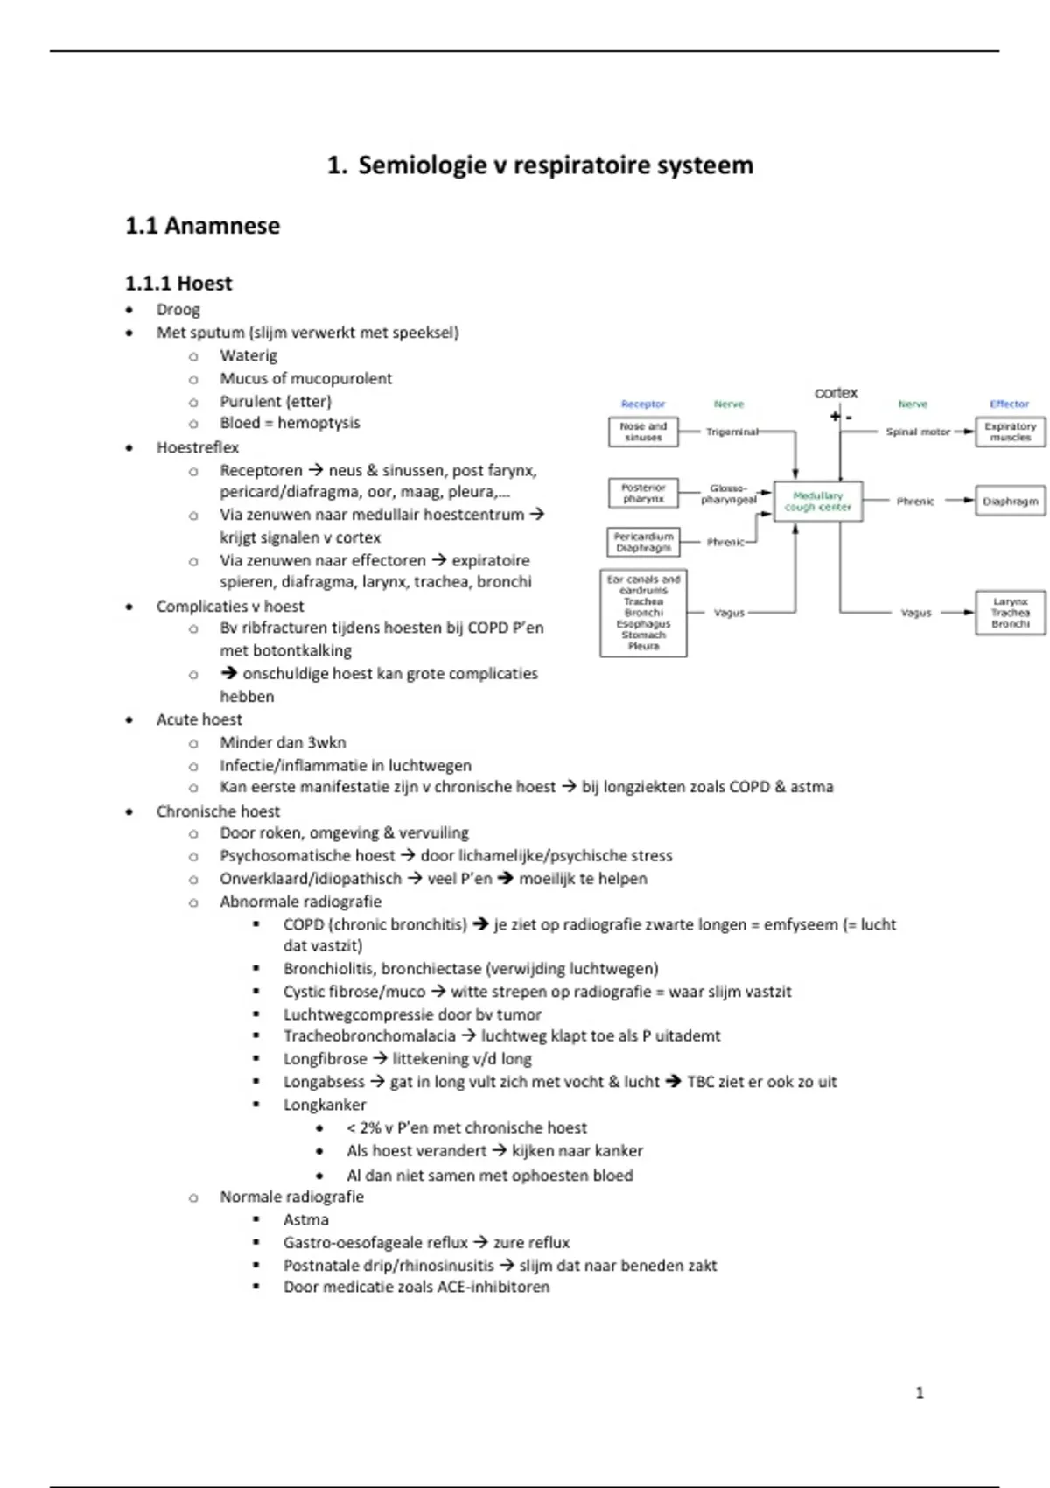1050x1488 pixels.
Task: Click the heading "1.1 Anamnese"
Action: (202, 226)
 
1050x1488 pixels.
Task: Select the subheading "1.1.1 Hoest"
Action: (178, 284)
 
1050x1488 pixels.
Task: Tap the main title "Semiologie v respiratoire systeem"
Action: (555, 165)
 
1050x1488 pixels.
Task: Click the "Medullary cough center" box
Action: (818, 502)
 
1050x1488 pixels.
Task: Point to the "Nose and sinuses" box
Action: (643, 432)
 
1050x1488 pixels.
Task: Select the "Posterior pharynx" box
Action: (643, 493)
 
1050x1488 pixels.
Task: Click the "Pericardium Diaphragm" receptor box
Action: (643, 542)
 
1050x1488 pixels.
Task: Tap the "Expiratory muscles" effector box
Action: (1010, 432)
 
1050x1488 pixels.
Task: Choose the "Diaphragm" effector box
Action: (1010, 502)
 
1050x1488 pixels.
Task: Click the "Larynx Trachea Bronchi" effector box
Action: (1010, 613)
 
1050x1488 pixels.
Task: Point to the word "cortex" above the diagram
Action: (836, 393)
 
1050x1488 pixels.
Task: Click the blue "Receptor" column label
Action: (643, 404)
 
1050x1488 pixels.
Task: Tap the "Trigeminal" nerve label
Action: (731, 432)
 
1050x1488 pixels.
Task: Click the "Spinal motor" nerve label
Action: (917, 432)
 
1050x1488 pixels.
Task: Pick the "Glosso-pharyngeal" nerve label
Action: (728, 495)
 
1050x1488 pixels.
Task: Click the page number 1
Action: (919, 1393)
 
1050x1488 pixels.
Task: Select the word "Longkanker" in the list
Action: (325, 1105)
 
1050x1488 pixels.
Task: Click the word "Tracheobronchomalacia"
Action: (369, 1036)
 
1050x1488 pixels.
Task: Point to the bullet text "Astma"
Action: (306, 1219)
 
